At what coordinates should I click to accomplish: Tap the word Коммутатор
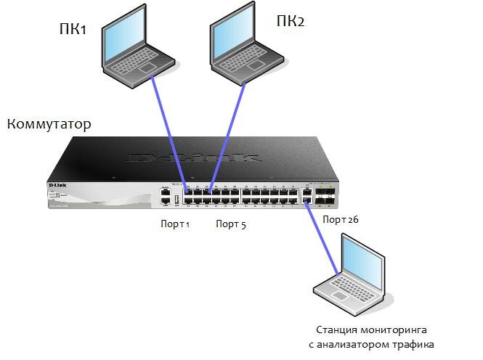coord(49,124)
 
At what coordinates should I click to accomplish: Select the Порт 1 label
coord(175,224)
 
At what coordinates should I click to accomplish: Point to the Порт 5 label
coord(231,224)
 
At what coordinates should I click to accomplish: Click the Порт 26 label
coord(340,218)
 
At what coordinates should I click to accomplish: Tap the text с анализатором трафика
coord(376,344)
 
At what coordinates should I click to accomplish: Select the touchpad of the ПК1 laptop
coord(147,67)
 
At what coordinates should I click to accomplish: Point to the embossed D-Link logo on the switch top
coord(193,156)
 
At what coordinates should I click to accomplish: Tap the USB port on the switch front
coord(176,199)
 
